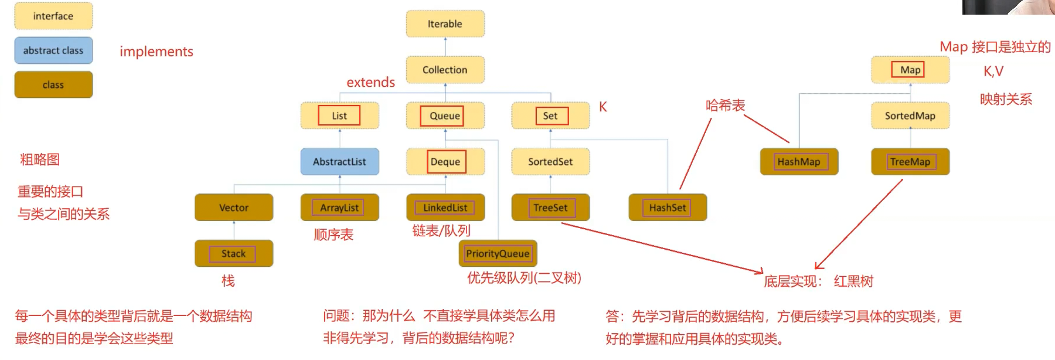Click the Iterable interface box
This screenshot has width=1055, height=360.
point(445,24)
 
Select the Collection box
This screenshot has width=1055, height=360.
point(445,70)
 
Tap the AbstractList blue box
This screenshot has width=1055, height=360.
point(339,162)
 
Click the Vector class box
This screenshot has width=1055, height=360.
point(234,208)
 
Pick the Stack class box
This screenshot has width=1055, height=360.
point(234,253)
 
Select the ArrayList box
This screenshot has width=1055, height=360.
point(339,208)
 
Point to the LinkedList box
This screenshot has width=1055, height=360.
point(445,208)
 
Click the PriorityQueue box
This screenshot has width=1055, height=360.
point(498,253)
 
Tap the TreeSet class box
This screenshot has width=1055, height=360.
point(550,208)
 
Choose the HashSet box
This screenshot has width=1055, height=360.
point(668,208)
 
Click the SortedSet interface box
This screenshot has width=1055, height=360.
point(550,162)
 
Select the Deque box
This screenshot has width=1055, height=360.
point(445,162)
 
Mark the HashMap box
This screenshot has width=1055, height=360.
point(799,162)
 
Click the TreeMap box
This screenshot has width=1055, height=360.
point(910,162)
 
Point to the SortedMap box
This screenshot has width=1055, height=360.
point(910,116)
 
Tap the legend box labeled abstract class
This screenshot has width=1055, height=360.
point(53,51)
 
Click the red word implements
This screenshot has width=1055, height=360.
point(156,52)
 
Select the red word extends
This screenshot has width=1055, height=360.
point(370,82)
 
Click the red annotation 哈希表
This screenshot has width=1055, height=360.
point(725,106)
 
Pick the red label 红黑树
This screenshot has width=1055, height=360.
point(853,281)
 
